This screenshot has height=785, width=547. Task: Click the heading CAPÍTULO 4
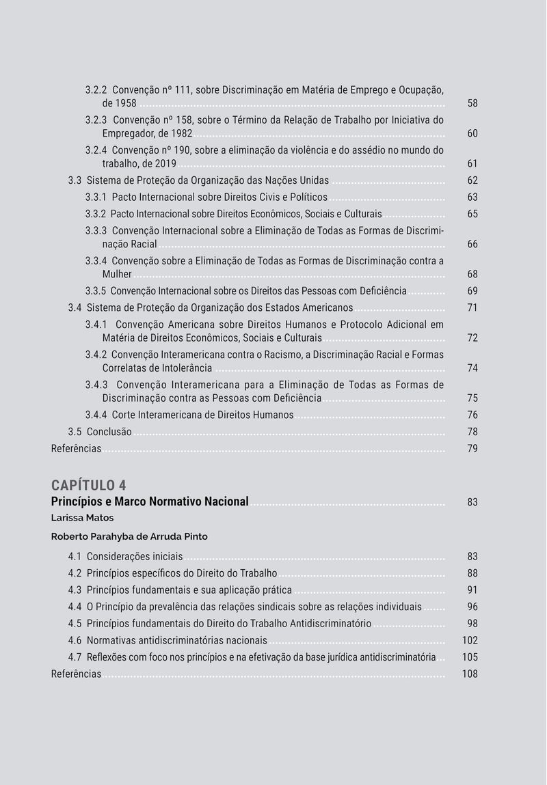point(88,485)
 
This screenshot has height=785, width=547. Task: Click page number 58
point(472,104)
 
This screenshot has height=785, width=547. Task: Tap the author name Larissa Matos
point(82,518)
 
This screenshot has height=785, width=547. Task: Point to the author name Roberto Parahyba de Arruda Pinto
point(129,537)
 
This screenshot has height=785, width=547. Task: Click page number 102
point(470,641)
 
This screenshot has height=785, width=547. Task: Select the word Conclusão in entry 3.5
point(109,432)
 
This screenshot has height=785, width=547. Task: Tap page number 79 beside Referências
point(472,449)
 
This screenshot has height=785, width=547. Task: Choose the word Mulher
point(117,275)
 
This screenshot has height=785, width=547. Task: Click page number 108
point(470,674)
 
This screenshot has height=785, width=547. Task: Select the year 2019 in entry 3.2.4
point(165,164)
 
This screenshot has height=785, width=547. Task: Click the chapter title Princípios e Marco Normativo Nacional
point(150,501)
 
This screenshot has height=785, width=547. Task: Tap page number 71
point(472,308)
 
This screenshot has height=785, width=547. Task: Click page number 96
point(472,607)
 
